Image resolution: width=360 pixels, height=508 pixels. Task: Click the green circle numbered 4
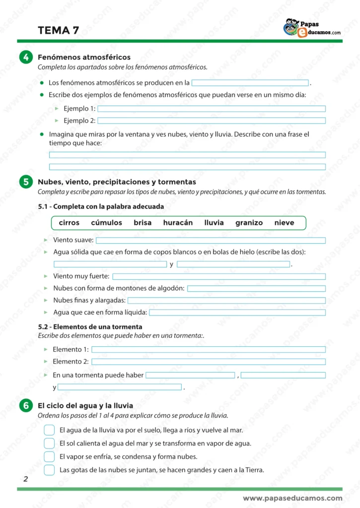(x=26, y=58)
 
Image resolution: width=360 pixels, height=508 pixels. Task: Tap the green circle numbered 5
(x=26, y=183)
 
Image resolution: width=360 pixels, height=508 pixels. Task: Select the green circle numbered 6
(x=26, y=406)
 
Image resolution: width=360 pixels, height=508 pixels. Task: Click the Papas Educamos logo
(x=312, y=28)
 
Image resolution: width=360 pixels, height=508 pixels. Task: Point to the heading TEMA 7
(x=58, y=30)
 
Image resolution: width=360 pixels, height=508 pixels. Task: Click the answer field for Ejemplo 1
(x=212, y=109)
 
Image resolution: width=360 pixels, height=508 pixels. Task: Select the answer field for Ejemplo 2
(x=212, y=121)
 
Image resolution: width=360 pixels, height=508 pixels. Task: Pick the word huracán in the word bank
(x=178, y=223)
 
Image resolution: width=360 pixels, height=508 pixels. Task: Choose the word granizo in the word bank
(x=249, y=223)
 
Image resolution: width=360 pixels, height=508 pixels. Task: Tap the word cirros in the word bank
(x=69, y=223)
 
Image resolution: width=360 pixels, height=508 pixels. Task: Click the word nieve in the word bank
(x=284, y=223)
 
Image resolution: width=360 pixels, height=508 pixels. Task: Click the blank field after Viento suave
(x=211, y=241)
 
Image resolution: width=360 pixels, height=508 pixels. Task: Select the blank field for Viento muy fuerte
(x=219, y=276)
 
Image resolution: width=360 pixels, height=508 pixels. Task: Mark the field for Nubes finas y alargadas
(x=226, y=300)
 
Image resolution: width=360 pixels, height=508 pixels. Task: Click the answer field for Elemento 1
(x=209, y=350)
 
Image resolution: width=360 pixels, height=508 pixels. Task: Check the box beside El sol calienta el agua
(x=49, y=443)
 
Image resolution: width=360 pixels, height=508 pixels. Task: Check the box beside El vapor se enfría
(x=49, y=456)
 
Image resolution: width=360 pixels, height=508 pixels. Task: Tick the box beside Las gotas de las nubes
(x=49, y=470)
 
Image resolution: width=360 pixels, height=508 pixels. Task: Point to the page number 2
(x=25, y=479)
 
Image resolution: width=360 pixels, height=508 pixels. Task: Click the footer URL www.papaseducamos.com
(x=292, y=498)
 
